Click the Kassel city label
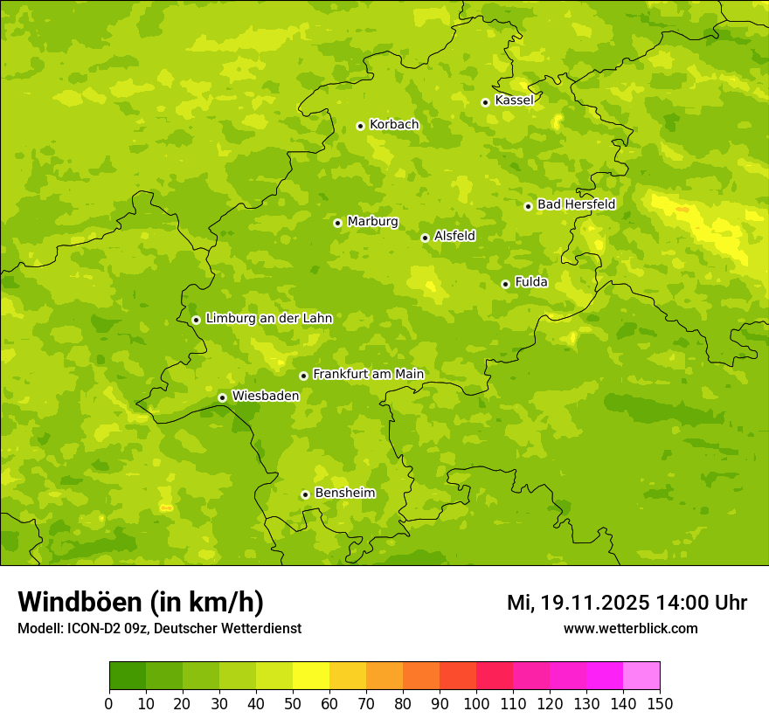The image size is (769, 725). [514, 100]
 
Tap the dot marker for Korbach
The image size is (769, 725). [360, 126]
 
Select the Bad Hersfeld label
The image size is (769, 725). [576, 204]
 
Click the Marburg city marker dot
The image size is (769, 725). [337, 223]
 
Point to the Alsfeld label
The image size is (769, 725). [454, 236]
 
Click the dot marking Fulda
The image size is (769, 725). [505, 284]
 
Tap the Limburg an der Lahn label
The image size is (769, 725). [268, 319]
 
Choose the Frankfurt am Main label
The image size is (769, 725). [368, 374]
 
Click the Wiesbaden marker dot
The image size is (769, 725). [222, 397]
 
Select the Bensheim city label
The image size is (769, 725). [344, 493]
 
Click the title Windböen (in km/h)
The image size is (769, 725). [140, 602]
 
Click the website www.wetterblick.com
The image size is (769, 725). [630, 628]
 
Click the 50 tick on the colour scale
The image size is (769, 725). [293, 703]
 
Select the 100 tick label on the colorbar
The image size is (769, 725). [476, 703]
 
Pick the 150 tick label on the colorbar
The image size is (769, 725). [660, 703]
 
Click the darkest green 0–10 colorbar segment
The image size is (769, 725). [128, 676]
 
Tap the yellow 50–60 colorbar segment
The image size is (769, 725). [311, 676]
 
